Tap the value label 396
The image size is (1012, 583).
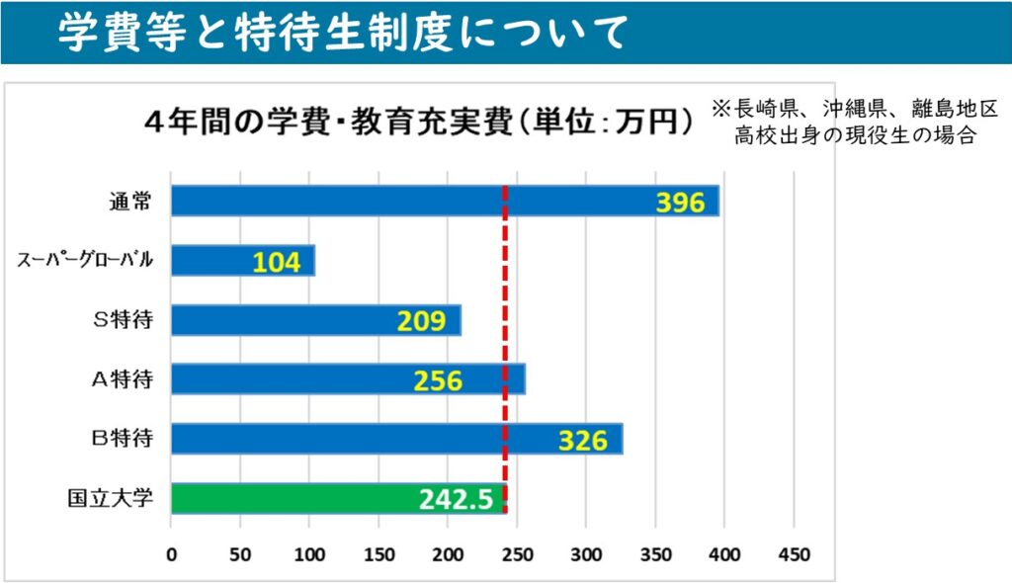pyautogui.click(x=680, y=204)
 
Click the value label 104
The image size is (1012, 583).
pyautogui.click(x=276, y=262)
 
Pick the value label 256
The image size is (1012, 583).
pyautogui.click(x=438, y=380)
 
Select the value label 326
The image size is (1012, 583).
pyautogui.click(x=582, y=441)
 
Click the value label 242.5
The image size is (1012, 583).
pyautogui.click(x=455, y=500)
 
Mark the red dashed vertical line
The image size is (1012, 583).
pyautogui.click(x=505, y=296)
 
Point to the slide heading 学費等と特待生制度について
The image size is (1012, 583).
pyautogui.click(x=341, y=34)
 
